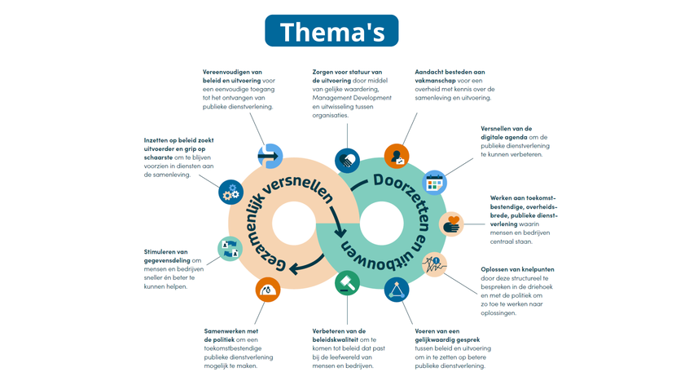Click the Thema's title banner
tap(331, 31)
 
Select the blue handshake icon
tap(347, 160)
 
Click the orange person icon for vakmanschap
tap(396, 155)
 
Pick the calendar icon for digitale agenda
tap(435, 181)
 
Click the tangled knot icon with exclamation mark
tap(434, 264)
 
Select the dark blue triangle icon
tap(397, 290)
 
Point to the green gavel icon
tap(347, 285)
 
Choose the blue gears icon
tap(231, 192)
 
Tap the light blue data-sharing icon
tap(230, 248)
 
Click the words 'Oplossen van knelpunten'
tap(516, 269)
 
